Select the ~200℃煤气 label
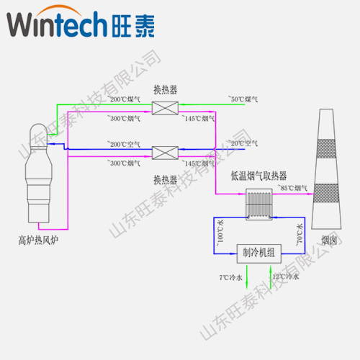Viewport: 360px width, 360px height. point(123,99)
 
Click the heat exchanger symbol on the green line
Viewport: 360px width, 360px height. point(165,108)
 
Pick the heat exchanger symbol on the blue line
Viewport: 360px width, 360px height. point(165,153)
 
